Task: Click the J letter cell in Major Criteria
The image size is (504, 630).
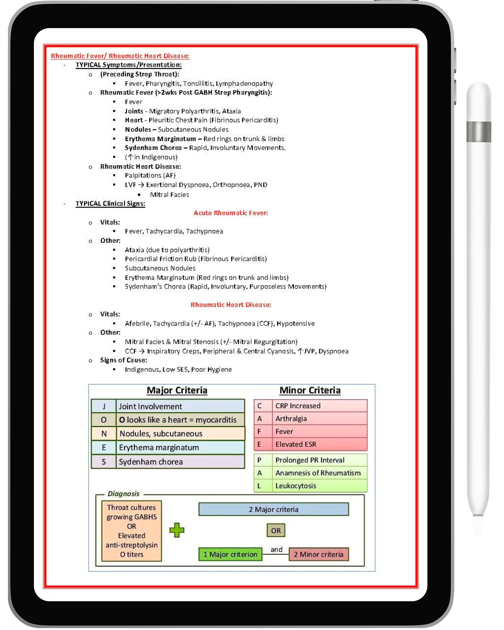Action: pos(104,406)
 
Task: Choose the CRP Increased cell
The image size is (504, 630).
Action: pos(319,406)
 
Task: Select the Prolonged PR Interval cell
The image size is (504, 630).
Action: pos(319,460)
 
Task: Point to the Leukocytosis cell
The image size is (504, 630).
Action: pos(319,486)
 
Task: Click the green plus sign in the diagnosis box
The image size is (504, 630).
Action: pos(177,530)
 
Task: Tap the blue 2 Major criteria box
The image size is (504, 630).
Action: pos(273,509)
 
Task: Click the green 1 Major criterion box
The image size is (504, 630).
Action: pos(230,554)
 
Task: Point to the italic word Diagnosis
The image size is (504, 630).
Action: pos(124,494)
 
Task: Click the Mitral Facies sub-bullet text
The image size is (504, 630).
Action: pos(169,195)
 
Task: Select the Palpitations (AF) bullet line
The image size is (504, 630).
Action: pos(150,175)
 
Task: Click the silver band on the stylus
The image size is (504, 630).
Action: pos(479,132)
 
